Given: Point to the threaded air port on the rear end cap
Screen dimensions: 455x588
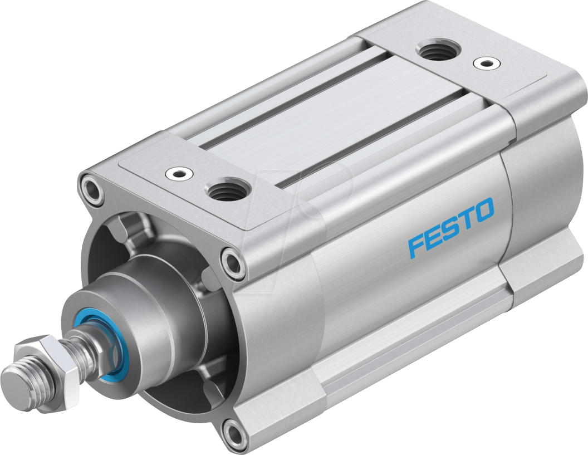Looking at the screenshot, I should coord(437,51).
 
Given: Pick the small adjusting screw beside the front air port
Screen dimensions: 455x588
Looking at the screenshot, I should coord(179,174).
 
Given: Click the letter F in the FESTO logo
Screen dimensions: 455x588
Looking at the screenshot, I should coord(416,246).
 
